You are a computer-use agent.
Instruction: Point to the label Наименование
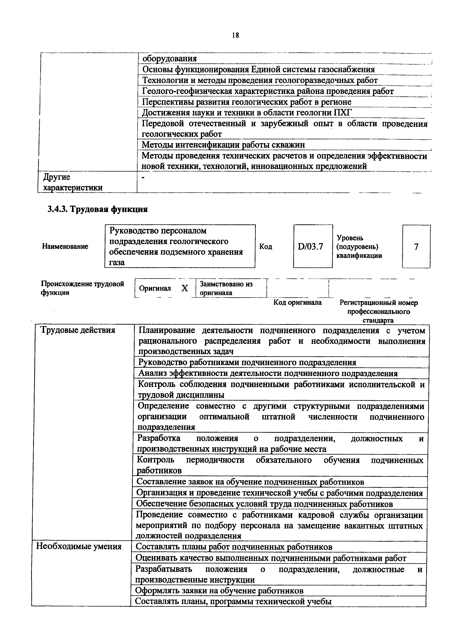65,247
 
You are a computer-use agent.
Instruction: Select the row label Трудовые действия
78,330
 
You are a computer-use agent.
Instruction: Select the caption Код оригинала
297,302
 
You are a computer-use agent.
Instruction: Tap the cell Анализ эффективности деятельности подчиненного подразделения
268,373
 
